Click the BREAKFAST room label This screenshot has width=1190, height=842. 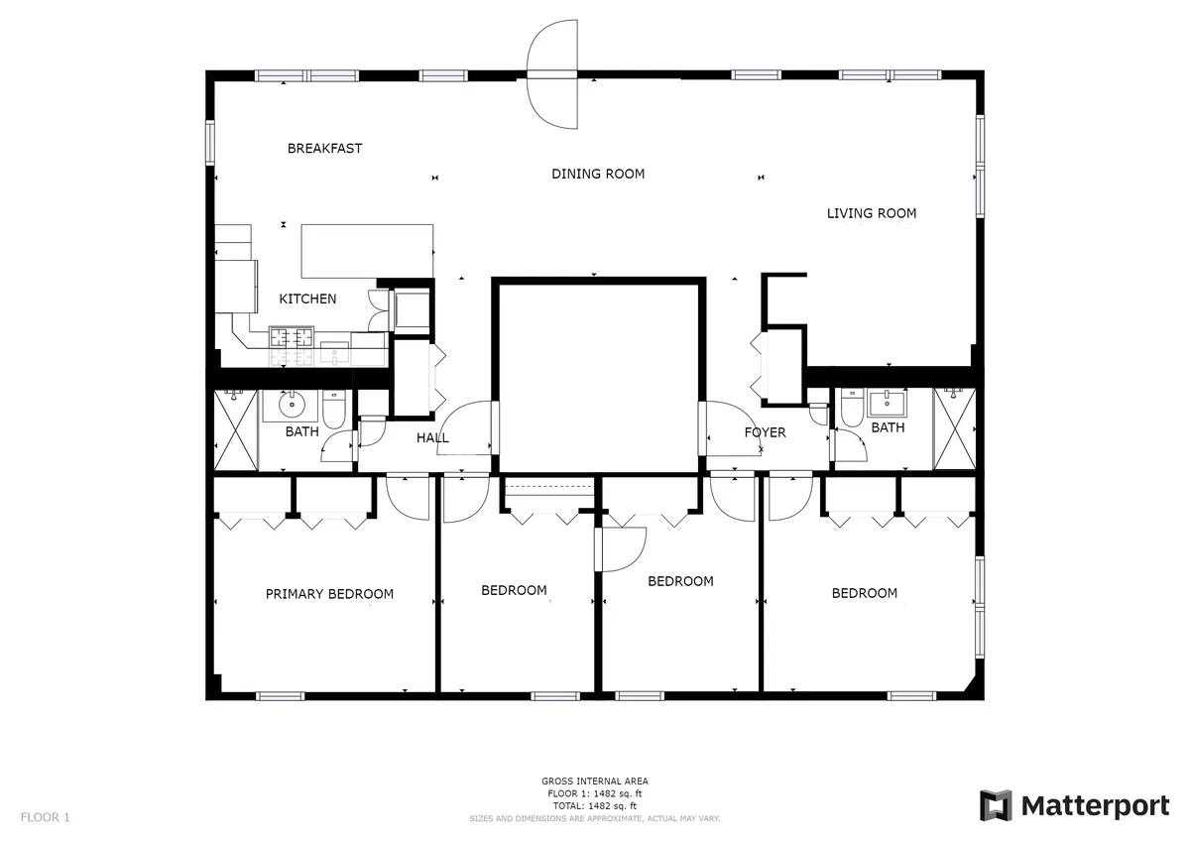324,149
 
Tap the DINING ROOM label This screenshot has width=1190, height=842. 598,174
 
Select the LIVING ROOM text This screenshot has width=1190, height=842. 872,213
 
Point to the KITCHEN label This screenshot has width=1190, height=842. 307,299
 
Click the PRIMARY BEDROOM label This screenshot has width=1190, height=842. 329,594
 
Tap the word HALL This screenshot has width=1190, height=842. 432,437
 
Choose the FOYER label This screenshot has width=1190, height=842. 766,432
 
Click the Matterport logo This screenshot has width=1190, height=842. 1075,805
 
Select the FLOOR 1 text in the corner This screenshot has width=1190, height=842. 46,818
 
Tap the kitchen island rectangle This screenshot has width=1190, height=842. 368,251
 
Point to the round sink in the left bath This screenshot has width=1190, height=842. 293,405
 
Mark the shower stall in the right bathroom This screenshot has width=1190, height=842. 955,428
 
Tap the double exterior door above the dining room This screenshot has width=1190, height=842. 552,77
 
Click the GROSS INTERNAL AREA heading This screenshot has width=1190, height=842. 595,782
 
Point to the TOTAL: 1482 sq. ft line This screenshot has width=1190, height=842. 595,806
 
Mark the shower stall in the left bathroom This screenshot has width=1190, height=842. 236,430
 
